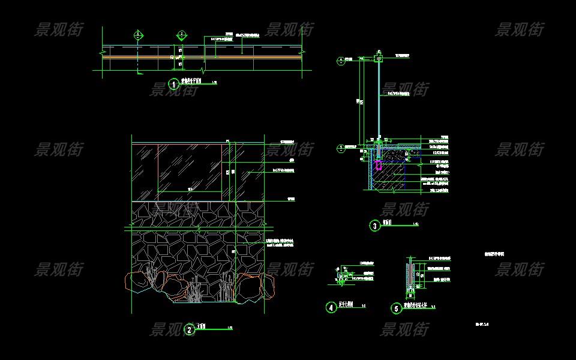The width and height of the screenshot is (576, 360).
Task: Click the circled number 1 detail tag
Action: [x=174, y=85]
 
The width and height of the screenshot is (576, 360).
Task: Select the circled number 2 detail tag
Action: [x=190, y=329]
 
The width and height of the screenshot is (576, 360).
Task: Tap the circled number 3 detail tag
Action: [x=375, y=226]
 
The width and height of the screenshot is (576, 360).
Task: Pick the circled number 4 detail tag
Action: [x=331, y=308]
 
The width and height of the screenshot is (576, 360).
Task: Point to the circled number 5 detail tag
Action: [x=396, y=308]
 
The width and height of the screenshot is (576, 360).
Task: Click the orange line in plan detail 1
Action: [x=240, y=58]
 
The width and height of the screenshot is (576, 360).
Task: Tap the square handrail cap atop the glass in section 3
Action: [x=378, y=59]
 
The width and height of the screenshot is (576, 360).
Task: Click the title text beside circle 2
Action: [x=202, y=327]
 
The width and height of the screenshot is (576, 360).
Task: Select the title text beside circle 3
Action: [x=390, y=224]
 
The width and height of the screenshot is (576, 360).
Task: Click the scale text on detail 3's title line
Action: [x=416, y=224]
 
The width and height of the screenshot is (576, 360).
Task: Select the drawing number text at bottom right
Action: [x=482, y=325]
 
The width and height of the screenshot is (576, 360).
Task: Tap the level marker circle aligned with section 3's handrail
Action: [x=341, y=59]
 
